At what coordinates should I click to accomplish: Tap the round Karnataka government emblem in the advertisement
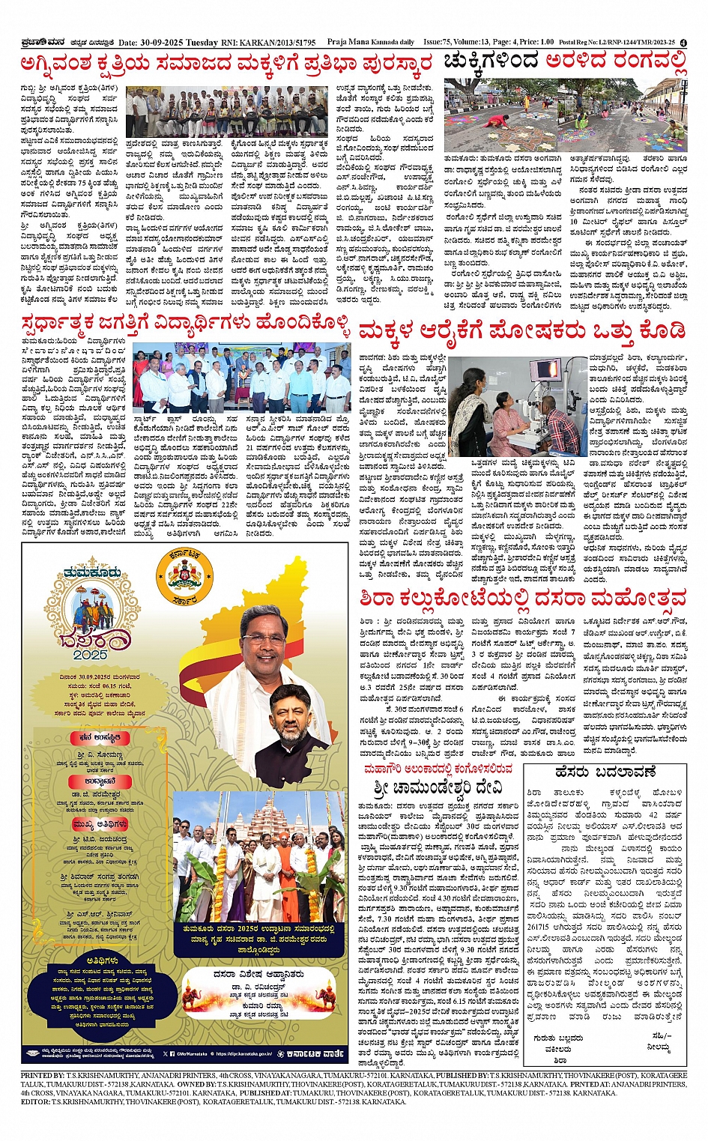(183, 576)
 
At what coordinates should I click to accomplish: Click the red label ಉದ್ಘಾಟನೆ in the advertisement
(92, 781)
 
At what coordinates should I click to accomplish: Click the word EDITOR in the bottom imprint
(35, 1102)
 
